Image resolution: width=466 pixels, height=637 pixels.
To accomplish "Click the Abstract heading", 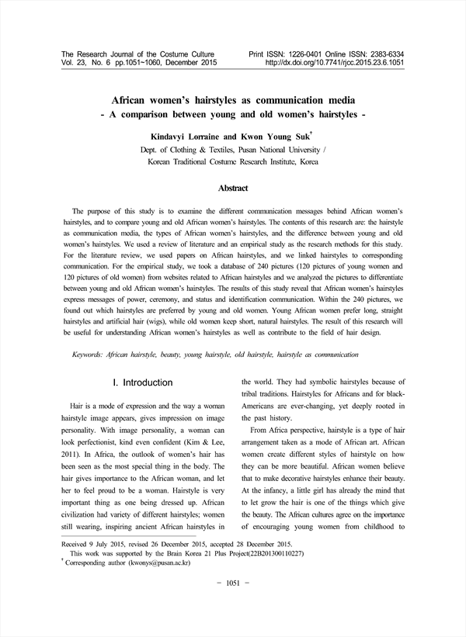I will pos(232,189).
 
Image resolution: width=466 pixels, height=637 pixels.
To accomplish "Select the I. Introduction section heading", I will pos(142,383).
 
